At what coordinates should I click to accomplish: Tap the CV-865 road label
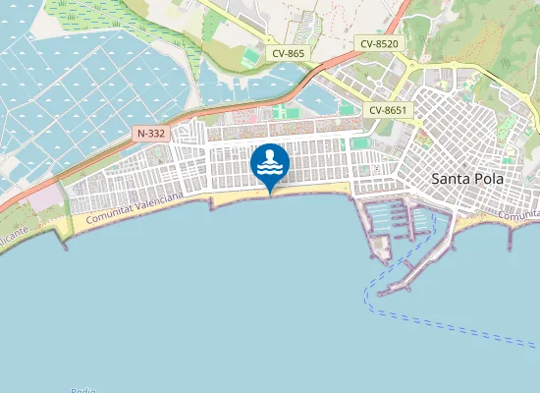[286, 53]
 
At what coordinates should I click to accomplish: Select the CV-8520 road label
[379, 43]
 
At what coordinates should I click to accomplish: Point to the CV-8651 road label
[388, 110]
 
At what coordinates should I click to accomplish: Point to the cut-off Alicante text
[15, 241]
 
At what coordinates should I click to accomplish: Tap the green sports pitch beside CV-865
[251, 58]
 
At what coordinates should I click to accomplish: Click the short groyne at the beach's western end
[65, 242]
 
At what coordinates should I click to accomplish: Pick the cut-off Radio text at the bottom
[83, 390]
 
